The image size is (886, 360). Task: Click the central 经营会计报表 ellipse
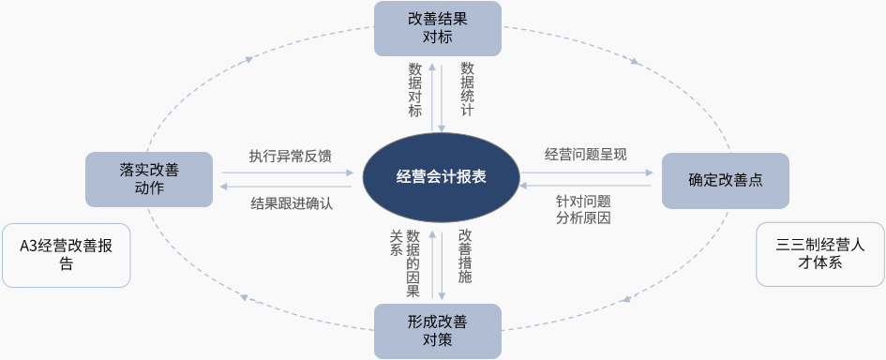(441, 178)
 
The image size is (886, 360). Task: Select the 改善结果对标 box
(438, 28)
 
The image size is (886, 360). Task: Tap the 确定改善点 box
(726, 180)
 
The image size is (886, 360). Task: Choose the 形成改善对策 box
(438, 331)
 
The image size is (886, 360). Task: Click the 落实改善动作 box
(149, 179)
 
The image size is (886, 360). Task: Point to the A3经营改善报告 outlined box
(67, 255)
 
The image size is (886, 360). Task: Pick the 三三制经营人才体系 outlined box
(820, 254)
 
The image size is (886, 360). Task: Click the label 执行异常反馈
(291, 156)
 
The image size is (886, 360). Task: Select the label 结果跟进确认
(292, 203)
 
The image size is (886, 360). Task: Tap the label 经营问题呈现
(585, 155)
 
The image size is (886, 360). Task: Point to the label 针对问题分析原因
(584, 210)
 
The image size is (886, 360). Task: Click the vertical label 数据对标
(415, 90)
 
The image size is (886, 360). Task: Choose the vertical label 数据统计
(467, 89)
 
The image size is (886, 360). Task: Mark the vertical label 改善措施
(465, 256)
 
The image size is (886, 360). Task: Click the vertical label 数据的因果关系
(405, 263)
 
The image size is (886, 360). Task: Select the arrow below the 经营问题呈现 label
(586, 172)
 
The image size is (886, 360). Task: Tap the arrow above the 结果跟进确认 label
(287, 186)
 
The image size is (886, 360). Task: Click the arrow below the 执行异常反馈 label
(287, 172)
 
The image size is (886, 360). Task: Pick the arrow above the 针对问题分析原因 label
(586, 186)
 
